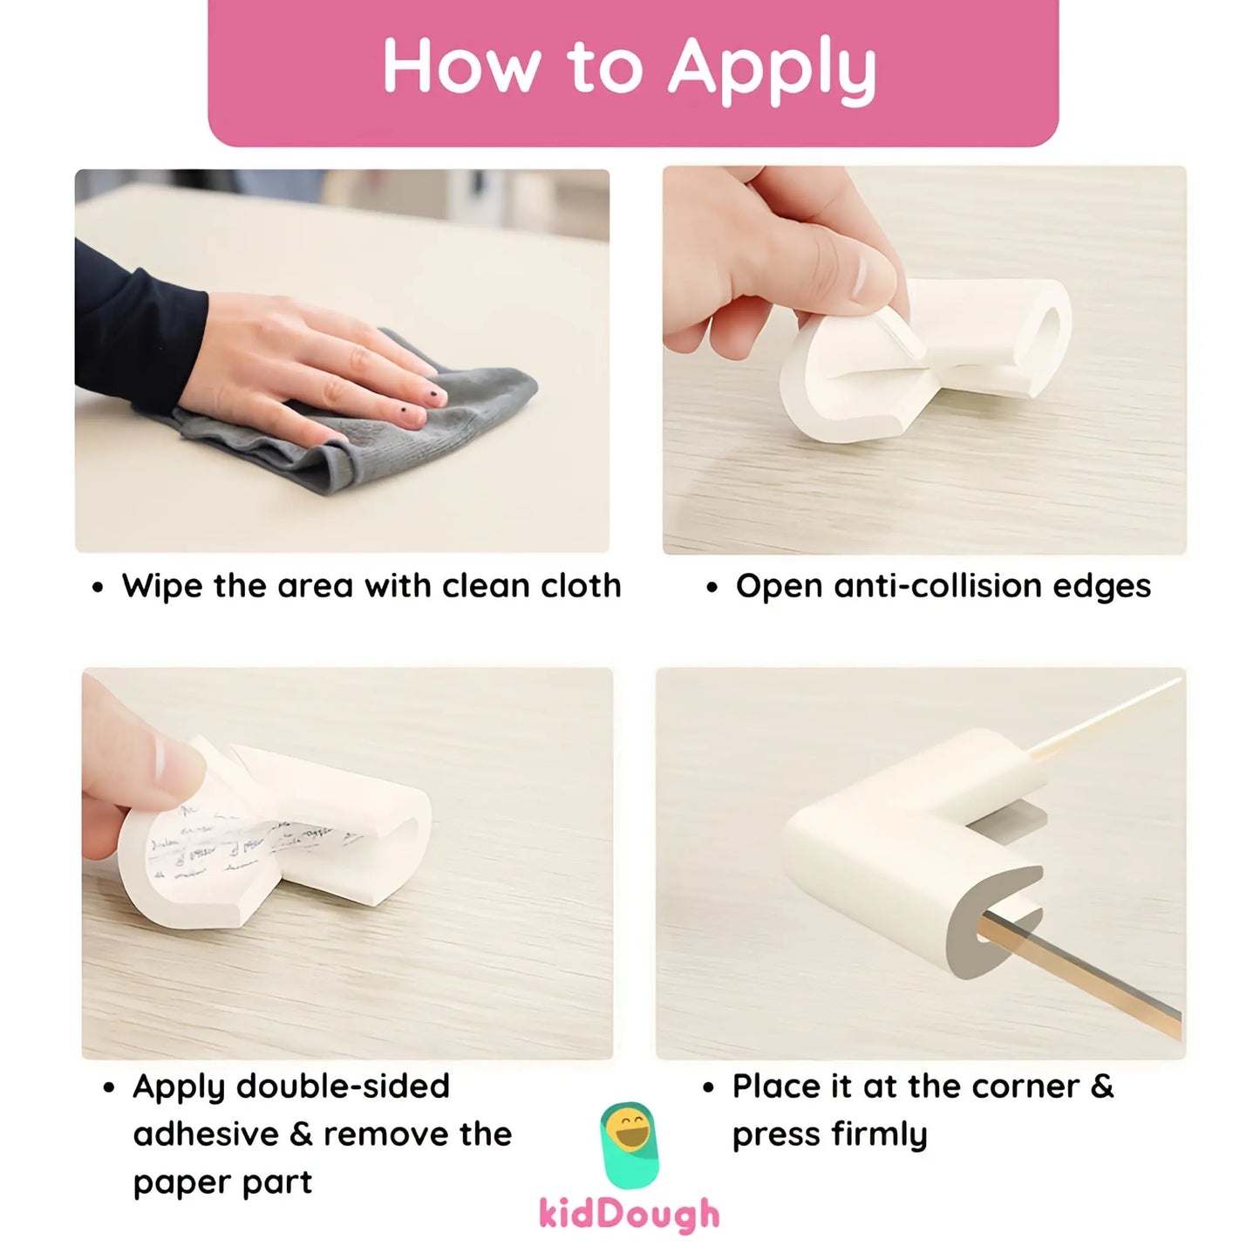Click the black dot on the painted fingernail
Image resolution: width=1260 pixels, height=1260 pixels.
tap(406, 405)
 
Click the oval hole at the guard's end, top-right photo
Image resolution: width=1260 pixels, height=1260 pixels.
tap(1052, 332)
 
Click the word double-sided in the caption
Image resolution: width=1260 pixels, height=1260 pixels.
tap(343, 1086)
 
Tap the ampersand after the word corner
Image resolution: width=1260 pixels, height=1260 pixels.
tap(1102, 1086)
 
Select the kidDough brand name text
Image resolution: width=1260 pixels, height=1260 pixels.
tap(629, 1214)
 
